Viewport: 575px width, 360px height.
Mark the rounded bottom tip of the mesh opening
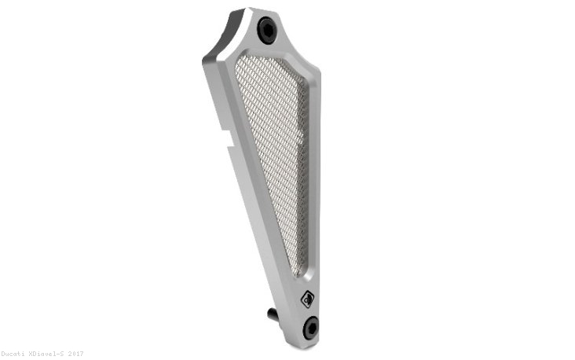tap(295, 273)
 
